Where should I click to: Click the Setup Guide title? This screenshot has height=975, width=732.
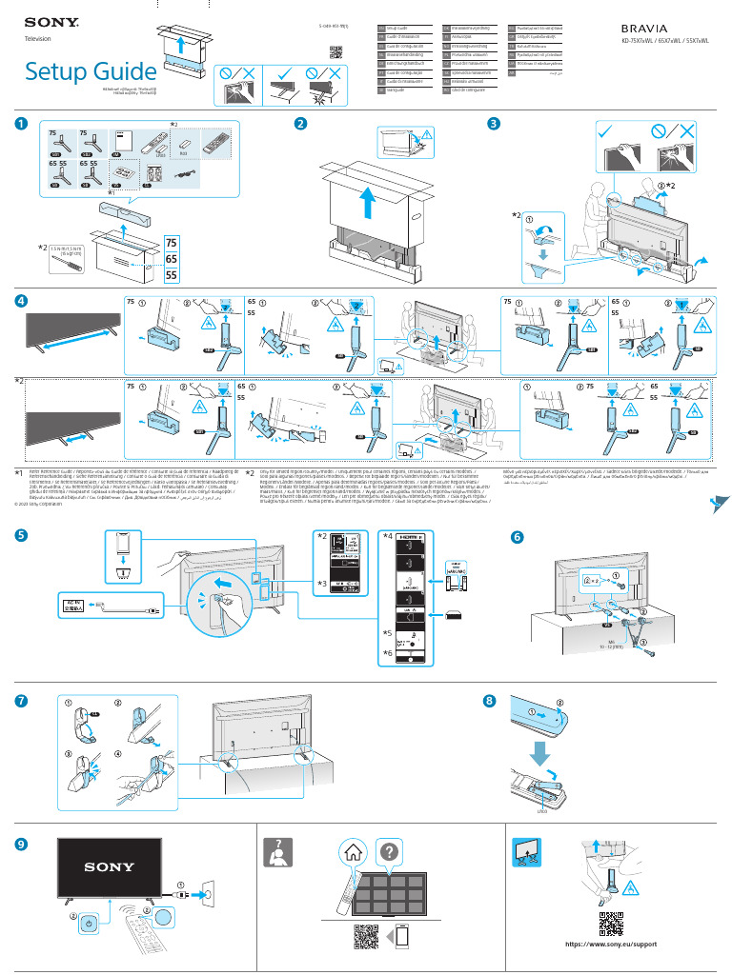[91, 71]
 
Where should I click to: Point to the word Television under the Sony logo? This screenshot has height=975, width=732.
[37, 38]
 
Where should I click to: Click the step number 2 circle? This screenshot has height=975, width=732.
[300, 124]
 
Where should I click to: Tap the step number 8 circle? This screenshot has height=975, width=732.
[490, 702]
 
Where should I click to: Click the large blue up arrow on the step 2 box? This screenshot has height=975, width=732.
[369, 202]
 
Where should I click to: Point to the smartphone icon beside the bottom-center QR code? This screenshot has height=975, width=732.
[403, 938]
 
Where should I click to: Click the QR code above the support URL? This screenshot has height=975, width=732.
[610, 924]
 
